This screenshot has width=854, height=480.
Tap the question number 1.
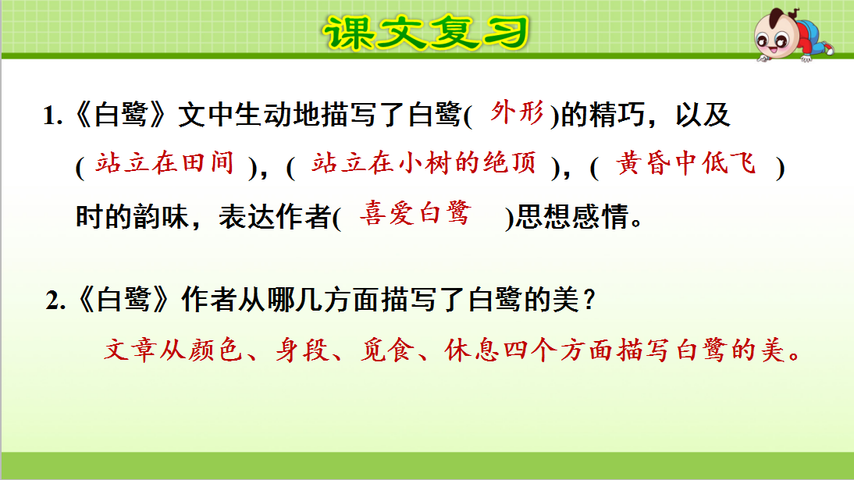(x=52, y=118)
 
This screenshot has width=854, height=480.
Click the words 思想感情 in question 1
(x=570, y=218)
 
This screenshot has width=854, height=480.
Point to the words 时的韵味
(x=132, y=218)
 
